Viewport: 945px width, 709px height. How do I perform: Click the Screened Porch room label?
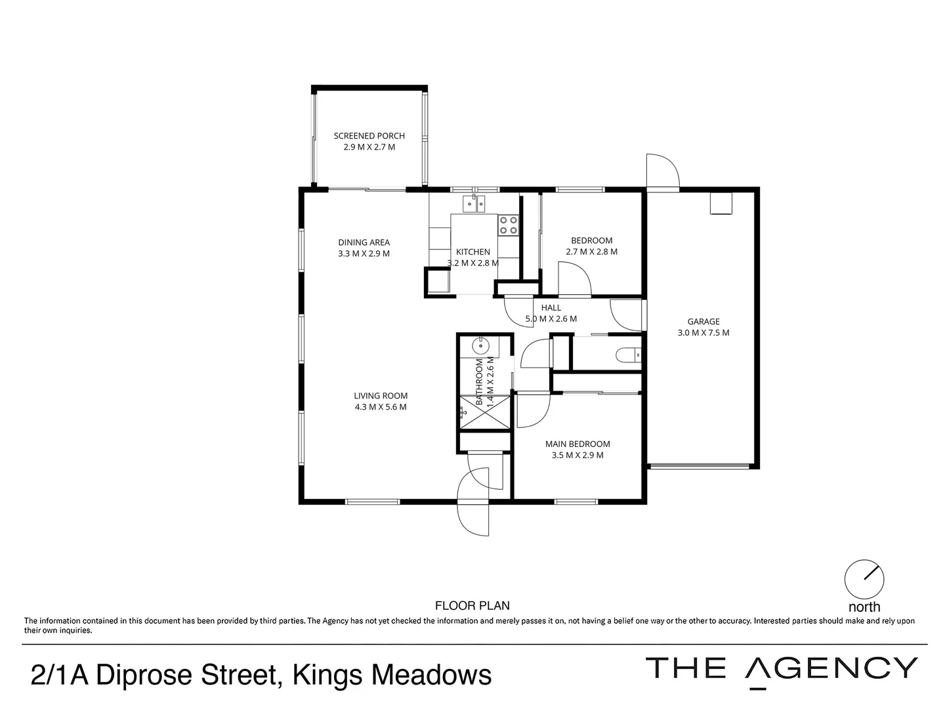click(369, 136)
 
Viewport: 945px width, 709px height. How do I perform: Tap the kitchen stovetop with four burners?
click(508, 225)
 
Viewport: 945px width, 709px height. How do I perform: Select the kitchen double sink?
click(473, 204)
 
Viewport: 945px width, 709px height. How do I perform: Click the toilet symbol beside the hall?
click(628, 355)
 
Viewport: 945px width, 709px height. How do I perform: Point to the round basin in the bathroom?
click(481, 345)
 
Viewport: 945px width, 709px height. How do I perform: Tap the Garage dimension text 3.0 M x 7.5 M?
click(703, 333)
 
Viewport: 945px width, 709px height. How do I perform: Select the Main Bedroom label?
click(577, 444)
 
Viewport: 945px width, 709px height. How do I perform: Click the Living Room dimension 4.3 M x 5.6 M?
click(381, 407)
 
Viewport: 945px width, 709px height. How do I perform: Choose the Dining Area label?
click(364, 242)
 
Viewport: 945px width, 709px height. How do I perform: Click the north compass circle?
click(864, 578)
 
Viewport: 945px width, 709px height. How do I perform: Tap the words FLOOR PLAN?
click(472, 606)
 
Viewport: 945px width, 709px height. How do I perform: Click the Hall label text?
click(551, 307)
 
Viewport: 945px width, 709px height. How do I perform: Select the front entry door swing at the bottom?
click(473, 519)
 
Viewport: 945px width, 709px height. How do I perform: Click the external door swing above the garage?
click(661, 171)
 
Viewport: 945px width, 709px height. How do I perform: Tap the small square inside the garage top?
click(721, 204)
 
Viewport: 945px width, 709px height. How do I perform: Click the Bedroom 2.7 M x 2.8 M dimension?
click(591, 251)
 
